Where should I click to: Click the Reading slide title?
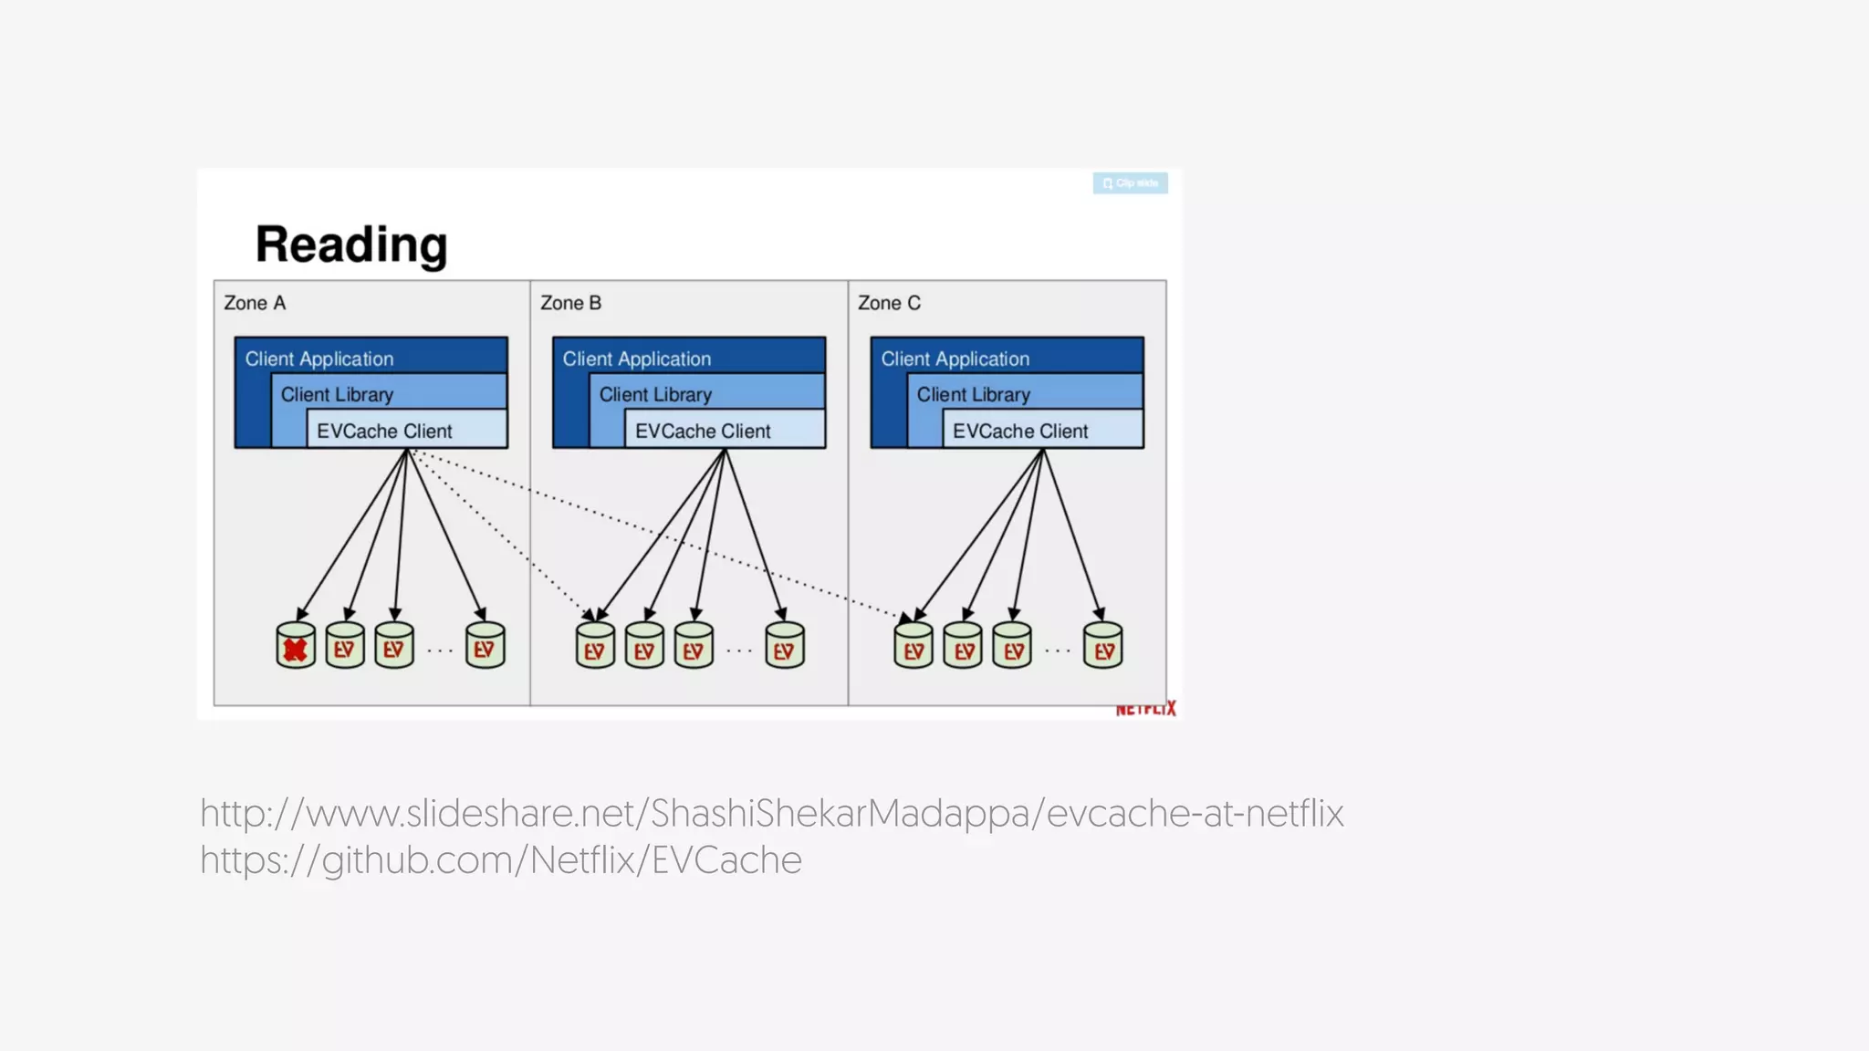(x=351, y=245)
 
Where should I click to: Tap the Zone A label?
(x=255, y=303)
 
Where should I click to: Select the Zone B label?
(x=570, y=303)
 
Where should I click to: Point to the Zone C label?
(x=889, y=303)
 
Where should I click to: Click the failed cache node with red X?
(x=295, y=646)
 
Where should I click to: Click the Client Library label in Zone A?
(x=337, y=395)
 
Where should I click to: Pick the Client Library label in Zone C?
(x=973, y=395)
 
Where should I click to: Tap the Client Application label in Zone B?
(x=636, y=359)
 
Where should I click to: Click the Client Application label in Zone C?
(x=955, y=359)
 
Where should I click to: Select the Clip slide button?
(x=1130, y=183)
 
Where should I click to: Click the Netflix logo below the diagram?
(x=1145, y=709)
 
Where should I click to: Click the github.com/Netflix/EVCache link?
(x=500, y=860)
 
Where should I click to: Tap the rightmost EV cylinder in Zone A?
(x=485, y=646)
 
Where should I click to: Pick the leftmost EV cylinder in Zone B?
(x=595, y=646)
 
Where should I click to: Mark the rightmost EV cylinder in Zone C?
(x=1102, y=646)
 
